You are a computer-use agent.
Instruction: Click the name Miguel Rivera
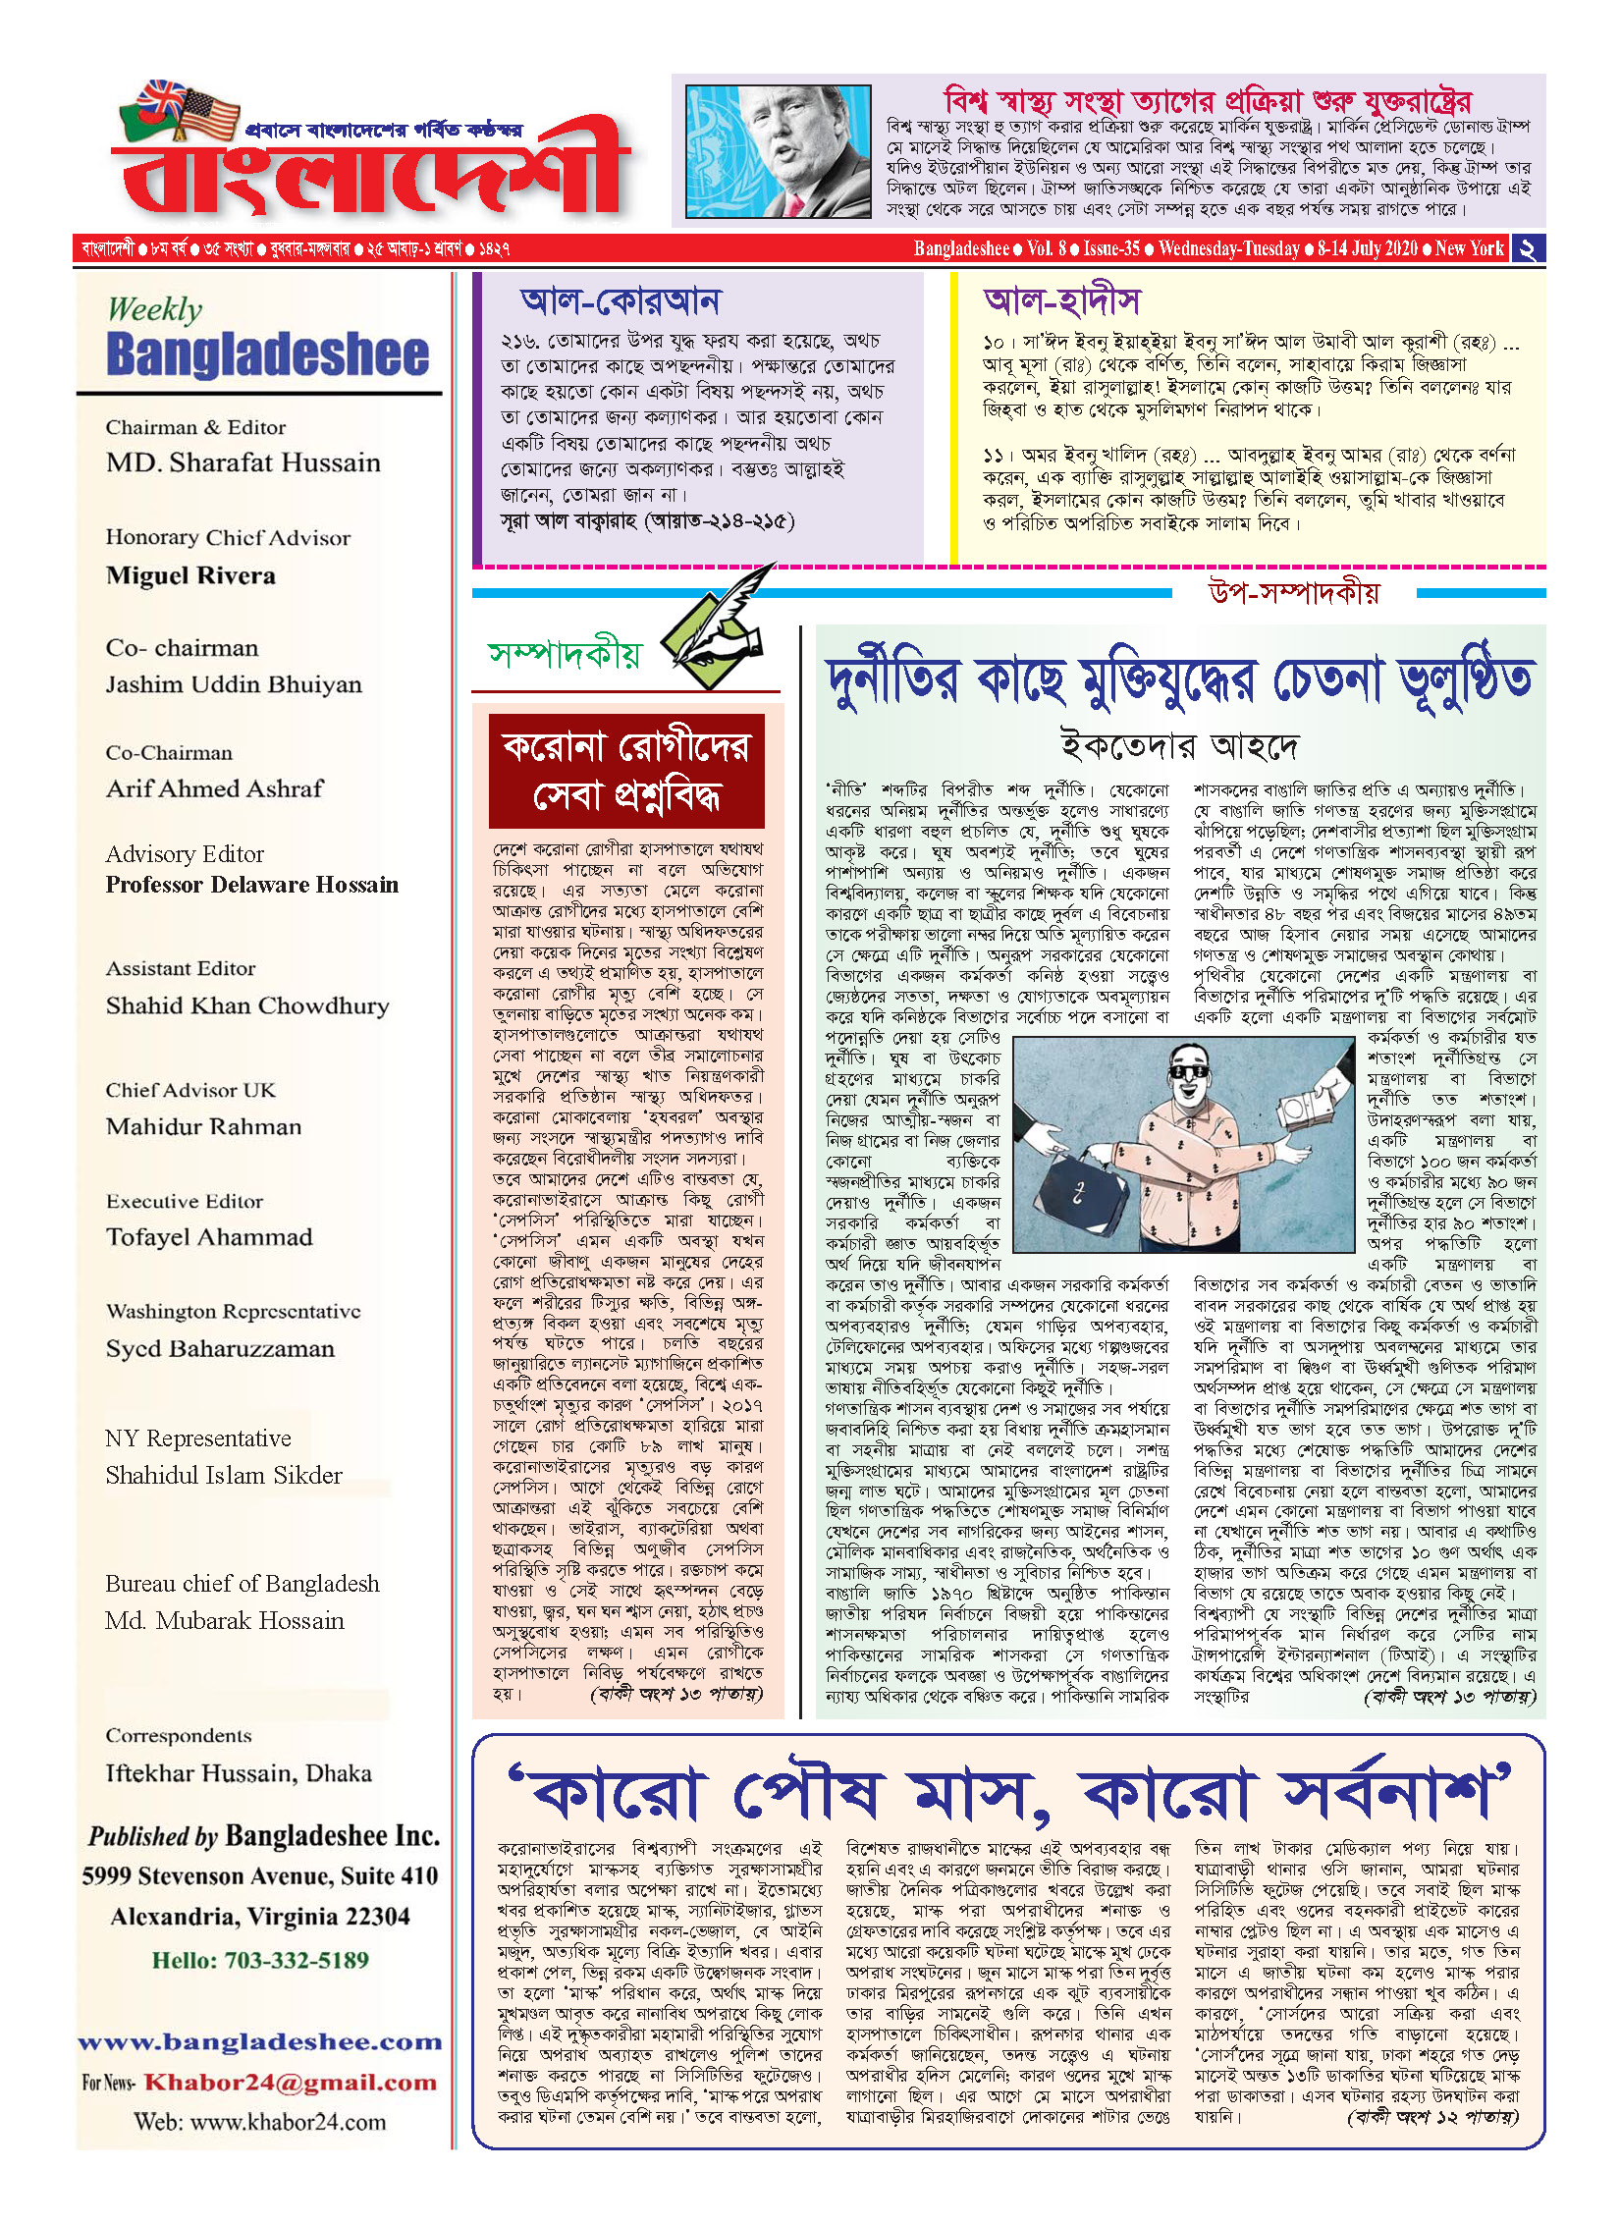[190, 575]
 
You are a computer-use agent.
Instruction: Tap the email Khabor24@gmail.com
[290, 2083]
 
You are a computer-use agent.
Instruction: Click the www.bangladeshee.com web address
[260, 2042]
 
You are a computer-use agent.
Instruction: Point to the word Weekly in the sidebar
[155, 309]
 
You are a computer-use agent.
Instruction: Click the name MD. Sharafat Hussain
[243, 462]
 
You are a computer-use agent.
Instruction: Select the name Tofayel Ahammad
[209, 1237]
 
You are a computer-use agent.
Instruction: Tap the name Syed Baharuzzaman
[220, 1349]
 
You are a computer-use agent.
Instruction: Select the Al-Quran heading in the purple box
[621, 301]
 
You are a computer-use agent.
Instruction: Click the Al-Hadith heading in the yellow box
[1061, 301]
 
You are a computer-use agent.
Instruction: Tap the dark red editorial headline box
[626, 772]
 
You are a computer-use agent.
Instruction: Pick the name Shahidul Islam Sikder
[224, 1476]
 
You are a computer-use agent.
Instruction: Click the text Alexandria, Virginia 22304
[260, 1917]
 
